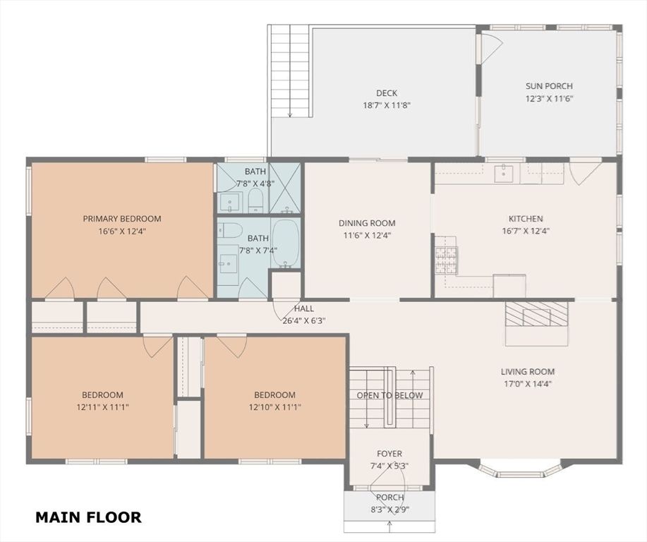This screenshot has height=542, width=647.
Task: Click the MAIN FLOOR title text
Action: pyautogui.click(x=88, y=517)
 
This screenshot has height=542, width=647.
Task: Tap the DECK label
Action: pyautogui.click(x=386, y=93)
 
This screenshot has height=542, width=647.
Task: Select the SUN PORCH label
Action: pyautogui.click(x=549, y=87)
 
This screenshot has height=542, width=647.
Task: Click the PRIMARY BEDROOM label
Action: pyautogui.click(x=122, y=219)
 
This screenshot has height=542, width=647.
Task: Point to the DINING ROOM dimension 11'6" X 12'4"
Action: pyautogui.click(x=367, y=235)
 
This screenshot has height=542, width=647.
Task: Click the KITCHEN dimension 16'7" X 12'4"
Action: pyautogui.click(x=526, y=230)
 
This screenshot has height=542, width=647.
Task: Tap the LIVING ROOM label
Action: pyautogui.click(x=528, y=372)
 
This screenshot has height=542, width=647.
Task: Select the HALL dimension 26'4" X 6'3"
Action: pyautogui.click(x=304, y=320)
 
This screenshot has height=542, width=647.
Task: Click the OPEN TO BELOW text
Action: pyautogui.click(x=389, y=395)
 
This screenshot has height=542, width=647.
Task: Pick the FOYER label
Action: pyautogui.click(x=389, y=454)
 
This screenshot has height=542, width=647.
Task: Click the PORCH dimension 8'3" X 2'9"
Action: pyautogui.click(x=389, y=508)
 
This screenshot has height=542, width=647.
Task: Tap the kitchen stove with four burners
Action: pyautogui.click(x=446, y=261)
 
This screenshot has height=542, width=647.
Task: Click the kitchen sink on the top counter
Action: pyautogui.click(x=504, y=173)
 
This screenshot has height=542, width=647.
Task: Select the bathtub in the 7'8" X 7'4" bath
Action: pyautogui.click(x=286, y=243)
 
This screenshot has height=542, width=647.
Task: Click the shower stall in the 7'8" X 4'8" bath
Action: pyautogui.click(x=284, y=188)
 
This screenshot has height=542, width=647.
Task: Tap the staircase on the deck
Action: pyautogui.click(x=289, y=71)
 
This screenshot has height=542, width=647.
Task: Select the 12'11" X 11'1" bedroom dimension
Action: pyautogui.click(x=102, y=406)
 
